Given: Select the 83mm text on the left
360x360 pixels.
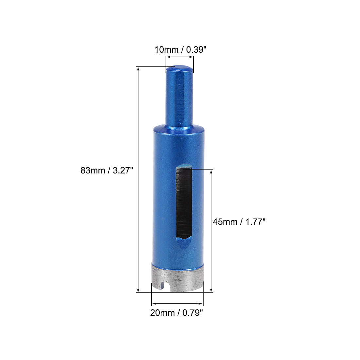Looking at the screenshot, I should [x=93, y=171].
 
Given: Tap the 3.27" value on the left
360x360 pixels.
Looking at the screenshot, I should [x=122, y=171].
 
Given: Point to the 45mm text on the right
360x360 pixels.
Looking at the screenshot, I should [x=225, y=222].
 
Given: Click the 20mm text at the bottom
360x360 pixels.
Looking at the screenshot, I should [x=162, y=313].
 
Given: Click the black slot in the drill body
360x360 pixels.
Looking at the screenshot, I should [x=183, y=203].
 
